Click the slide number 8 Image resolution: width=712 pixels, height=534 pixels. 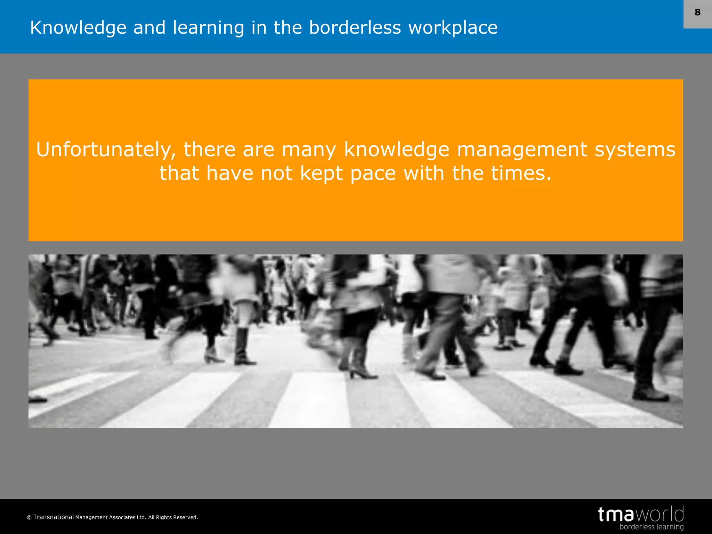point(697,13)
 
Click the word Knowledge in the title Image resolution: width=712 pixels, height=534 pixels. point(78,28)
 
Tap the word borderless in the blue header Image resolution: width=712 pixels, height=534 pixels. point(355,28)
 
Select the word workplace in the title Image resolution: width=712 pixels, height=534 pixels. point(453,28)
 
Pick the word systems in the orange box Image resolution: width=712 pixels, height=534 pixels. point(635,150)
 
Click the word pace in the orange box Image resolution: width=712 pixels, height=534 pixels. point(373,173)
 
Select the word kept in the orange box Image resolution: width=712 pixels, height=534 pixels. point(321,173)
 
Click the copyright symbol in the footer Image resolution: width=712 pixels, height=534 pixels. point(29,518)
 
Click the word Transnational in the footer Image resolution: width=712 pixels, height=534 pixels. point(54,517)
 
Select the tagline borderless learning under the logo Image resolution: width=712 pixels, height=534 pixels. point(651,527)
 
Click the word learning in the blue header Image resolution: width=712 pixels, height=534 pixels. point(208,28)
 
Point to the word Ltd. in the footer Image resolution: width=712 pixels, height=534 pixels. point(141,517)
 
